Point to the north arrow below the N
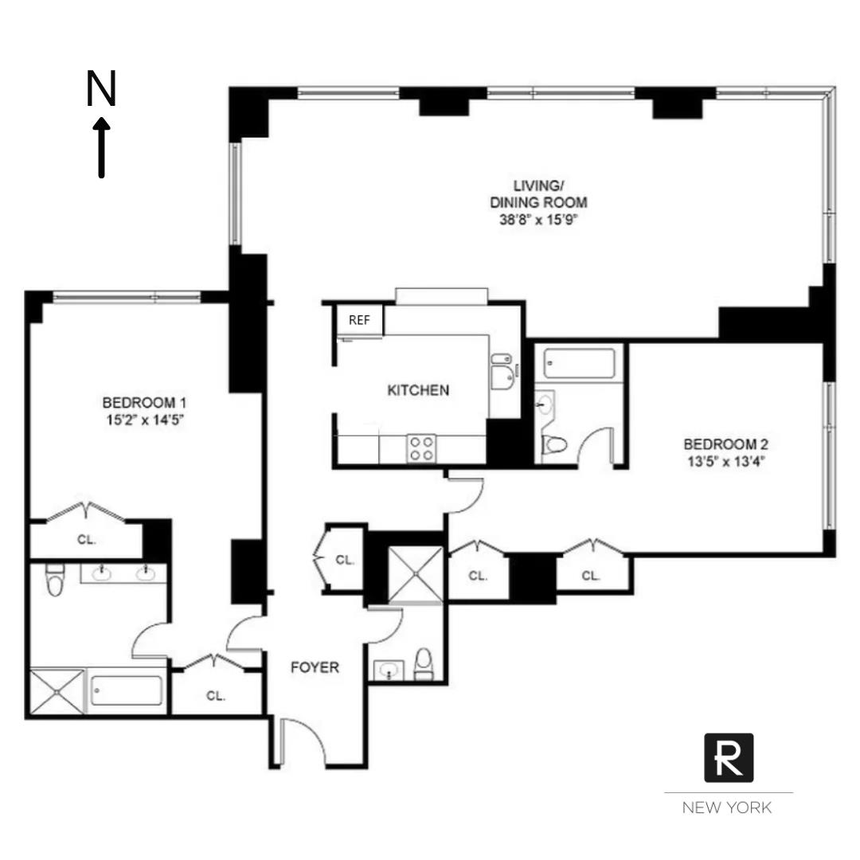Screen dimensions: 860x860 101,148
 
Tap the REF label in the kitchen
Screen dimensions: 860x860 360,320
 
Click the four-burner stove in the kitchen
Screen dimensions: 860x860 421,448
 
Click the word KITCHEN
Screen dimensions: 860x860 417,390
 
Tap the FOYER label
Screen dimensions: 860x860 315,667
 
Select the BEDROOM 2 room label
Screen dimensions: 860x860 725,444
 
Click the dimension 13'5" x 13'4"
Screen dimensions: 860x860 725,460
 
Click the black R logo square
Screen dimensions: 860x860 728,757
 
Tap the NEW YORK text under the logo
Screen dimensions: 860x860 726,807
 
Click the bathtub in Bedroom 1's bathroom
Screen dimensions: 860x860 127,690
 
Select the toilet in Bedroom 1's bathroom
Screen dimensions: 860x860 55,580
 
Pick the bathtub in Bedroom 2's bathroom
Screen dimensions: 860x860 579,364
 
